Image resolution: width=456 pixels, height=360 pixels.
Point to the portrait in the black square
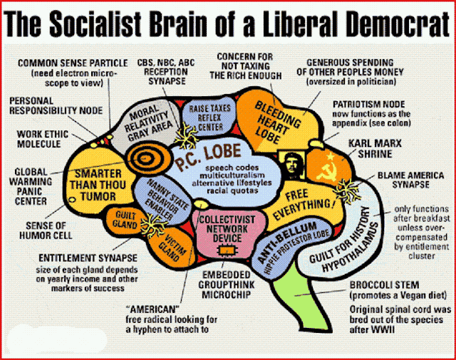click(x=291, y=163)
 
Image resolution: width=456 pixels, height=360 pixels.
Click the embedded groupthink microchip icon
click(x=228, y=250)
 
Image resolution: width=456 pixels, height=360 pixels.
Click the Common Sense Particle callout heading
click(x=68, y=63)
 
